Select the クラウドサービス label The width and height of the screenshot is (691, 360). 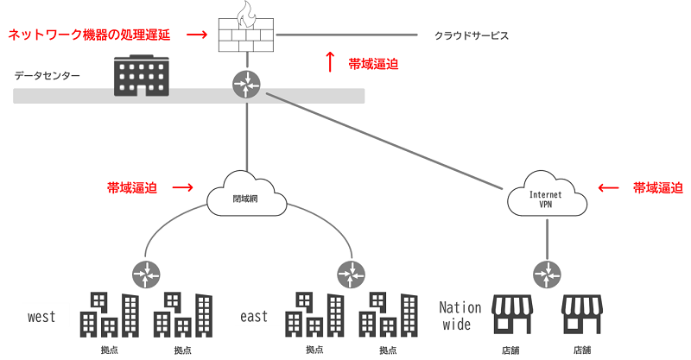click(472, 36)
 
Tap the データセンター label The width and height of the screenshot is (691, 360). click(48, 76)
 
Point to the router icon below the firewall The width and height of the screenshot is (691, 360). click(247, 84)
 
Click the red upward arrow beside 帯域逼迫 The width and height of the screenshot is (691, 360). click(329, 62)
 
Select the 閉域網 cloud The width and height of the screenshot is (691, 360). click(247, 197)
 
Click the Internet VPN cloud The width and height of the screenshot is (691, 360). click(546, 198)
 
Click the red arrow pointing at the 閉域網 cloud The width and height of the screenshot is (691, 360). click(182, 186)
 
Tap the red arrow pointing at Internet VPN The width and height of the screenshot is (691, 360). click(610, 186)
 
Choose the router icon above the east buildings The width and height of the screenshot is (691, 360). click(351, 275)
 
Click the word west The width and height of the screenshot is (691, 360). click(41, 317)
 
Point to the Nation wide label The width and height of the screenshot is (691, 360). click(460, 316)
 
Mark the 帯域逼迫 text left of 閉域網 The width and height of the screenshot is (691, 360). click(132, 186)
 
